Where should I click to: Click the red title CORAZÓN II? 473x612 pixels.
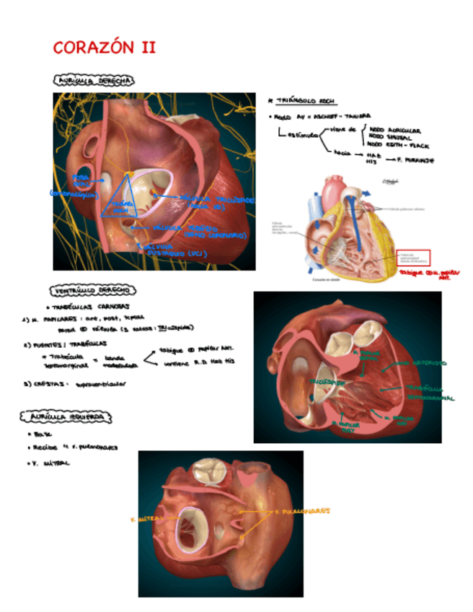(x=105, y=48)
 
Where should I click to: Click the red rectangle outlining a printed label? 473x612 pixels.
(x=412, y=258)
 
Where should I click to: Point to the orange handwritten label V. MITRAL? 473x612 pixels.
(x=147, y=518)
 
